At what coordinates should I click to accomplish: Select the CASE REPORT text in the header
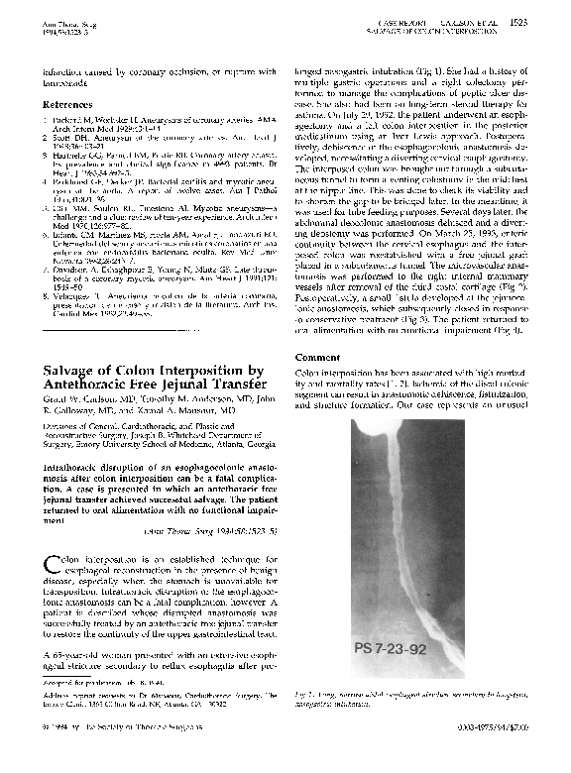pos(407,20)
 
